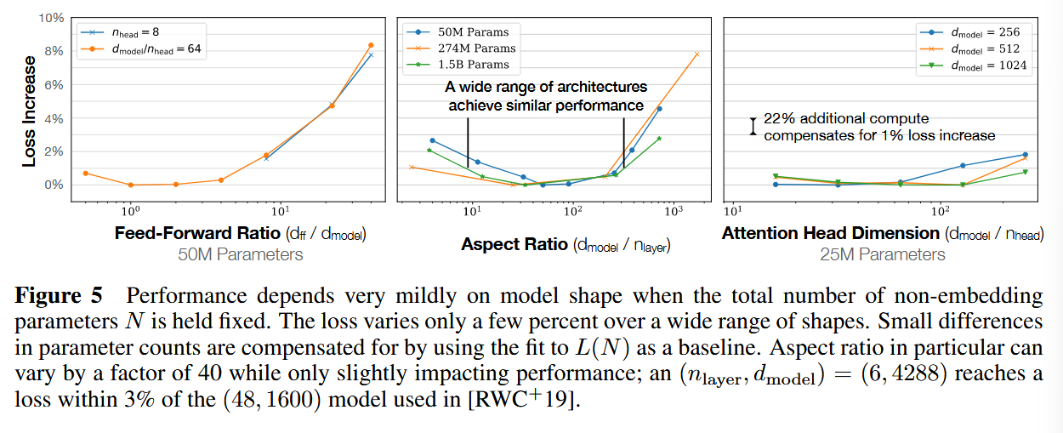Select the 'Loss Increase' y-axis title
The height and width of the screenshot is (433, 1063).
(29, 111)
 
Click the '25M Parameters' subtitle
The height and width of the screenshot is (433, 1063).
(883, 254)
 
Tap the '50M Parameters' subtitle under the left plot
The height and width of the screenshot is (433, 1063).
(241, 254)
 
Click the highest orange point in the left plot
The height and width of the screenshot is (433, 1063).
(371, 45)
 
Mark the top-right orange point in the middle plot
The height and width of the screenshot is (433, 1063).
(696, 54)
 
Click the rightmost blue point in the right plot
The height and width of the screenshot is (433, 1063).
(1025, 155)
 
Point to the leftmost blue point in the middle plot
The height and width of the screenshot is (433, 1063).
(432, 140)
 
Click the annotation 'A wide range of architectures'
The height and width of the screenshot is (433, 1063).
(546, 87)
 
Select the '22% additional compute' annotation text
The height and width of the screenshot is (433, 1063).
(846, 119)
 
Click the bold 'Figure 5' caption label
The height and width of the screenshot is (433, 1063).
(59, 296)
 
